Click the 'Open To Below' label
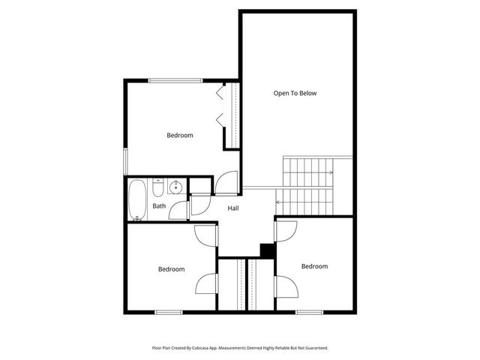click(295, 94)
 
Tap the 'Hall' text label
click(233, 208)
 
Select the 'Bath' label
click(159, 205)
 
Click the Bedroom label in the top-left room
click(179, 136)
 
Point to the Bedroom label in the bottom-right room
click(314, 266)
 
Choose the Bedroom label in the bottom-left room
click(171, 269)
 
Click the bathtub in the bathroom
click(137, 200)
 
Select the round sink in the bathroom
click(175, 187)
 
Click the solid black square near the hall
click(266, 251)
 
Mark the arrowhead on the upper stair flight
click(331, 173)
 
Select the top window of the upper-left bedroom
click(175, 80)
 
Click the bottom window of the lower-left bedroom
click(168, 312)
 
